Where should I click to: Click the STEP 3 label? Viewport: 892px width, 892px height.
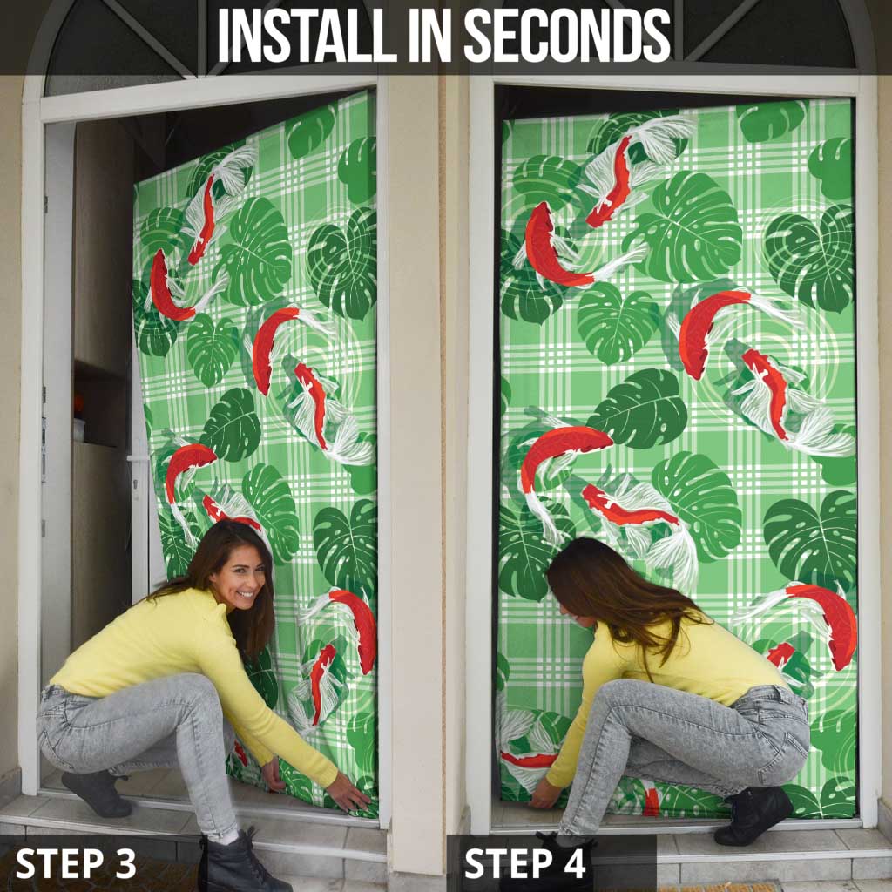tap(76, 862)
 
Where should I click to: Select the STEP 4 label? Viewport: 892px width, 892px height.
tap(525, 862)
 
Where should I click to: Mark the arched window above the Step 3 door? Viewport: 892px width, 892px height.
tap(122, 48)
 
